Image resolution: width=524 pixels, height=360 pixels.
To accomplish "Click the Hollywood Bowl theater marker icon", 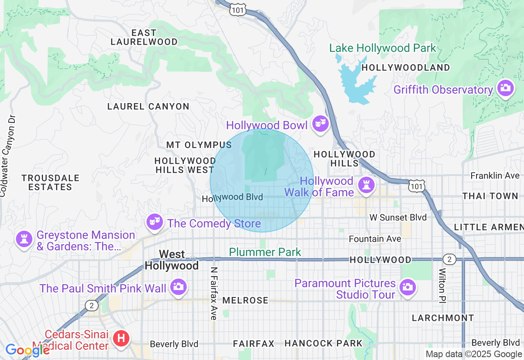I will point(320,123).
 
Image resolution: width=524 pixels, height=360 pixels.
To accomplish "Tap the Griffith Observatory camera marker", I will point(505,88).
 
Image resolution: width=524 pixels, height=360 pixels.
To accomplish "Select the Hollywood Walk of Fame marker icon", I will point(366,184).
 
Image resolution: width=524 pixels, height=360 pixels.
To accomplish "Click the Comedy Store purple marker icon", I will point(154,222).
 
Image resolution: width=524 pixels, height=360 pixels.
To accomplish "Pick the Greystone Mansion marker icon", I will point(24,239).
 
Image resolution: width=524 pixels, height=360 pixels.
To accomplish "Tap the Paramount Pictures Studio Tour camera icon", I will point(407,287).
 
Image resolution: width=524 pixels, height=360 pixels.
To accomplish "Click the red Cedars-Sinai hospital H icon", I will point(121,339).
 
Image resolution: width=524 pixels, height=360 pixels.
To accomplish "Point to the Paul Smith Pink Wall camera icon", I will point(178,286).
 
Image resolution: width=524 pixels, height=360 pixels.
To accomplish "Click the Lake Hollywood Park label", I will point(383,48).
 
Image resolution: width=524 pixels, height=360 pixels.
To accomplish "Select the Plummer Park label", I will point(265,252).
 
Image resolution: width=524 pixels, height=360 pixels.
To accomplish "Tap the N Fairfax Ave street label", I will point(213,293).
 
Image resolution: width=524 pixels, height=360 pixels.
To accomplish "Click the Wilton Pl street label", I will point(442,285).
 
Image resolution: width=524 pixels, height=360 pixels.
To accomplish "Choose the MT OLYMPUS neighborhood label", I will point(199,145).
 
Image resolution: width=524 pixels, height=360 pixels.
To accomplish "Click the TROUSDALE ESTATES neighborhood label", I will point(50,182).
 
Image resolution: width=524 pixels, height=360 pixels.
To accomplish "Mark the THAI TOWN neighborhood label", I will point(490,196).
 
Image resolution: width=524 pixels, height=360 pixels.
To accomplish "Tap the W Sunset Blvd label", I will point(398,217).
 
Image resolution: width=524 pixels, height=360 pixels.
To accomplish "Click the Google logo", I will point(27,350).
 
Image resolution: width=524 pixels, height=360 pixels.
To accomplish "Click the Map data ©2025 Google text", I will point(474,354).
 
